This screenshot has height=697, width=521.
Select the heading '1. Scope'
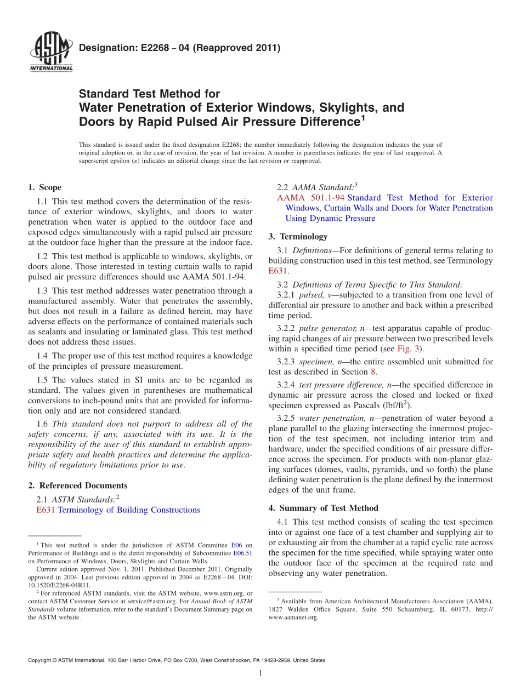44,187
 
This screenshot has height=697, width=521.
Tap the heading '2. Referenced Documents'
77,485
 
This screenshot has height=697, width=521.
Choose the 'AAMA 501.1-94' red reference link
311,198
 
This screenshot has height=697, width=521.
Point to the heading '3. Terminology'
298,237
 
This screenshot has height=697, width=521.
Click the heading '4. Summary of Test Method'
323,508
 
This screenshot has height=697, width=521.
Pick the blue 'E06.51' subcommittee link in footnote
244,553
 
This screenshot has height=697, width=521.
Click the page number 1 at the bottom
260,673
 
